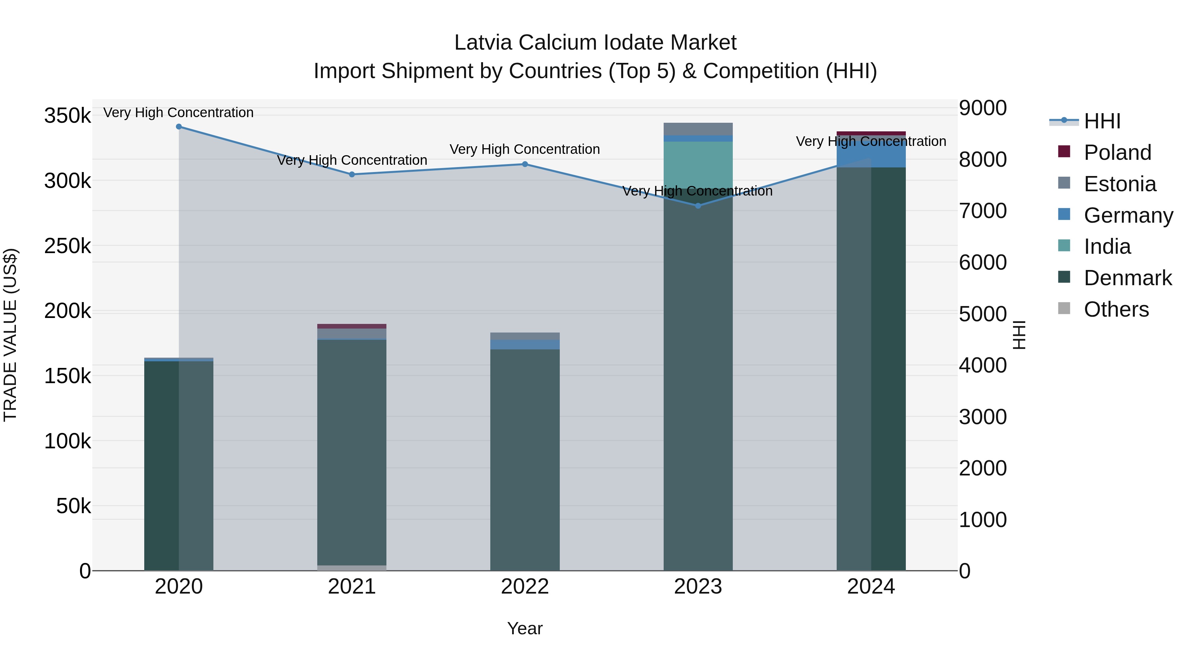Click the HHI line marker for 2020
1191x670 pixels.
tap(179, 127)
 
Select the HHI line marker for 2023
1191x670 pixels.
tap(698, 206)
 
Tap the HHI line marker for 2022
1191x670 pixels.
tap(525, 164)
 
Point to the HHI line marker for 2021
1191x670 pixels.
tap(352, 174)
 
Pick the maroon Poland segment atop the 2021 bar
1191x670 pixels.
tap(352, 326)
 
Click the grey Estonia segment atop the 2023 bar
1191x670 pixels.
tap(698, 129)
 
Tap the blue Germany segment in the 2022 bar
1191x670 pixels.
tap(525, 344)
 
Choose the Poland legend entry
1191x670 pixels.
tap(1117, 153)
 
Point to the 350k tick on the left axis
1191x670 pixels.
tap(67, 115)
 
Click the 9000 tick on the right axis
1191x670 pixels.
tap(983, 108)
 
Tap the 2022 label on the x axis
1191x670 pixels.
tap(525, 587)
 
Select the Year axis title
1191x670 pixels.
tap(525, 628)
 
